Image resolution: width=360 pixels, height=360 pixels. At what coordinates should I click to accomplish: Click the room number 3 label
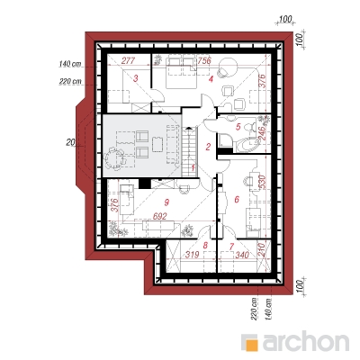coord(136,79)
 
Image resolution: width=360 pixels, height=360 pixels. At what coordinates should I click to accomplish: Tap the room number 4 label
coord(211,79)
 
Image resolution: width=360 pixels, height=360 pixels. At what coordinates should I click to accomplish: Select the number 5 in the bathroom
coord(238,127)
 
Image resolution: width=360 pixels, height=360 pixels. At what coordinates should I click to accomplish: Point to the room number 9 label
coord(166,202)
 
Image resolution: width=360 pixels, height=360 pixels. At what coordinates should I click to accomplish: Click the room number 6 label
coord(237,199)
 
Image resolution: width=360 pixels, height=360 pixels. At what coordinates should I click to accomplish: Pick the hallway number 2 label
coord(208,147)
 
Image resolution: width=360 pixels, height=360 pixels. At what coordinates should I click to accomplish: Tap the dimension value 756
coord(204,60)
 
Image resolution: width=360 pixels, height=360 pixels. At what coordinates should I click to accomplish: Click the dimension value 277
coord(128,60)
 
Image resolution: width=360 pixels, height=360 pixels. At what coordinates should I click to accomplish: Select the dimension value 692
coord(159,216)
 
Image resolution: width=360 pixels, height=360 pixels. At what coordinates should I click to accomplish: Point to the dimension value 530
coord(262,183)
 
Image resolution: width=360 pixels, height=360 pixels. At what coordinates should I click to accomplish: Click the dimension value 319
coord(192,255)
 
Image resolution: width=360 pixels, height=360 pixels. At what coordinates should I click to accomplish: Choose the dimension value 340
coord(242,255)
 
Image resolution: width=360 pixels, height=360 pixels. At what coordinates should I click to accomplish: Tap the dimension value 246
coord(262,134)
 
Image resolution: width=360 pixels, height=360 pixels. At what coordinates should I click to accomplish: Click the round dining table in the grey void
coord(113,157)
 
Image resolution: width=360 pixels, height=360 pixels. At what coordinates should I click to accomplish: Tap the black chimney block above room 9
coord(145,184)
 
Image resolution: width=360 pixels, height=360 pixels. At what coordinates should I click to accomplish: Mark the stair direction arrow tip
coord(188,127)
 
